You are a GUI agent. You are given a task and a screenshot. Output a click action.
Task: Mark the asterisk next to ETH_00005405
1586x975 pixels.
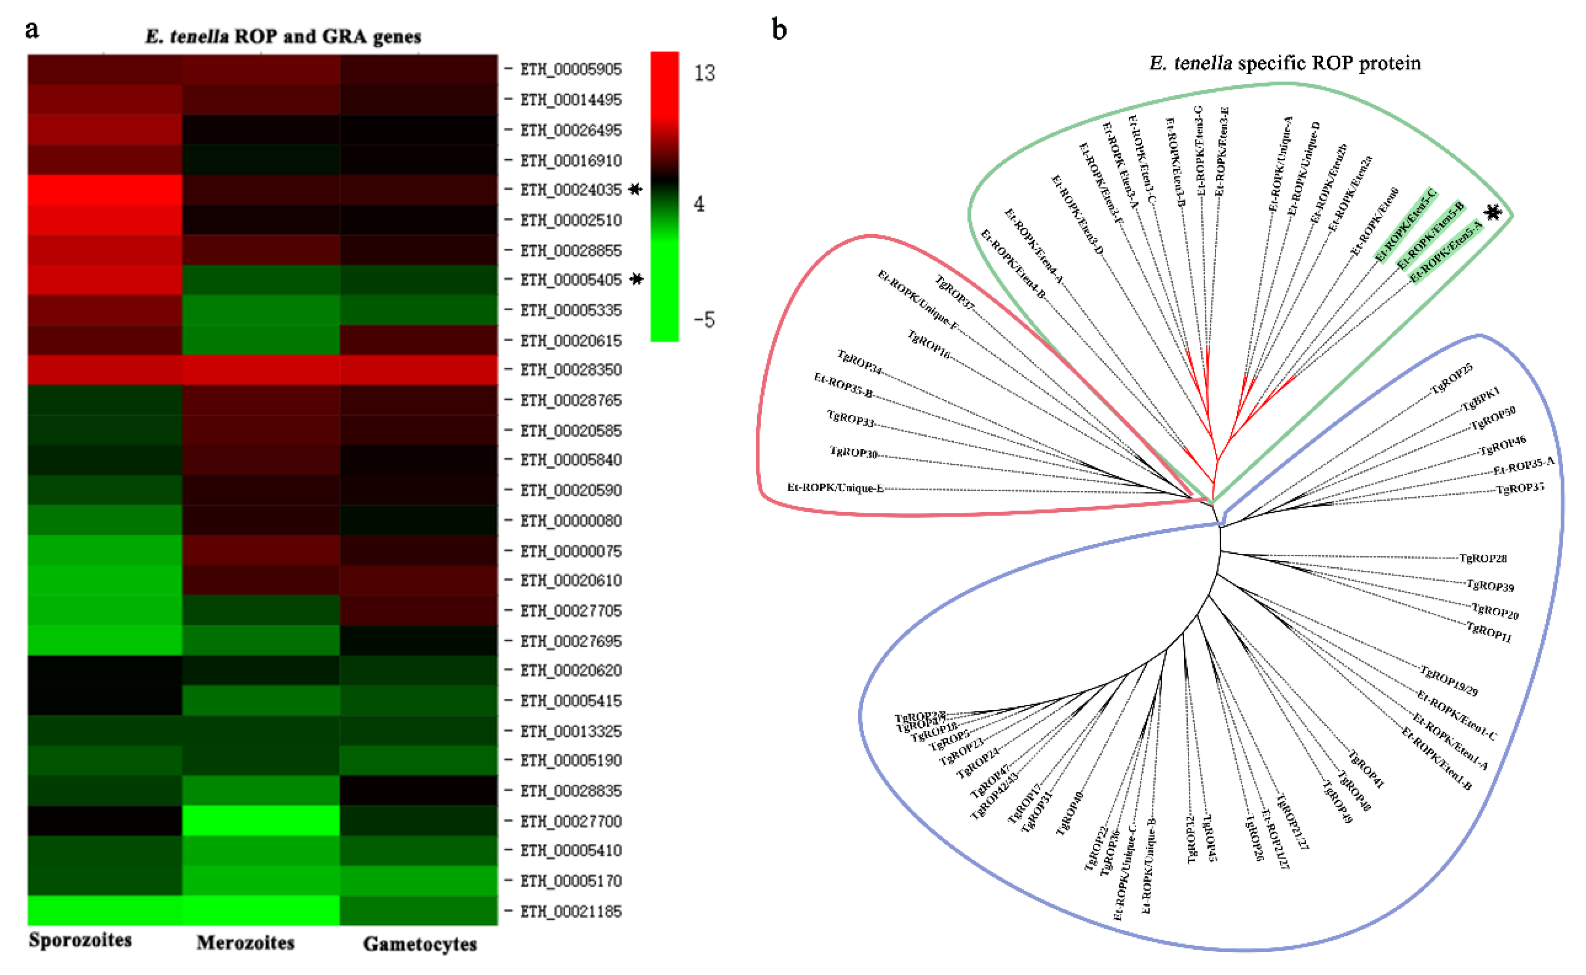pos(636,279)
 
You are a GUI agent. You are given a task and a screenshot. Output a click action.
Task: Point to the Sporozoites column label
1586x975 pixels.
pos(80,940)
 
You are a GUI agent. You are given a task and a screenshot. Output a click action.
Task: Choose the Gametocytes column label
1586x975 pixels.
pos(420,944)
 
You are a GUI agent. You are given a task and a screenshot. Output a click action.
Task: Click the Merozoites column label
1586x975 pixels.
pos(245,943)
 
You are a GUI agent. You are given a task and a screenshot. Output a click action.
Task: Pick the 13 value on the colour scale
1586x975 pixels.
pos(704,73)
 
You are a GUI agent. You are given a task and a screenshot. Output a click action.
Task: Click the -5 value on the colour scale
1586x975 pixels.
pos(704,320)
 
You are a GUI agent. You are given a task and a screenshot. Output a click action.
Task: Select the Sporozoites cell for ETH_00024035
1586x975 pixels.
pos(104,190)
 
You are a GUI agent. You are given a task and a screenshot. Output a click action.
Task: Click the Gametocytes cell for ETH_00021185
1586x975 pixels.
pos(419,910)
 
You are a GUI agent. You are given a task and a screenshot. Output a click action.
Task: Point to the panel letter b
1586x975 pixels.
pos(779,30)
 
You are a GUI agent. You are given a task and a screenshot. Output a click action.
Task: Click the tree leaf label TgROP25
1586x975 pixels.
pos(1451,378)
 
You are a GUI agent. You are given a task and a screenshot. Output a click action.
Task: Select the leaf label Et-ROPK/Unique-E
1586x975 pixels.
pos(835,488)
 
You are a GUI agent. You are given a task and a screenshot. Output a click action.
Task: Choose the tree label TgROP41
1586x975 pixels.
pos(1366,769)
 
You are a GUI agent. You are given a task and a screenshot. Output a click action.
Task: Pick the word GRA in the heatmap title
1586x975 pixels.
pos(344,37)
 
